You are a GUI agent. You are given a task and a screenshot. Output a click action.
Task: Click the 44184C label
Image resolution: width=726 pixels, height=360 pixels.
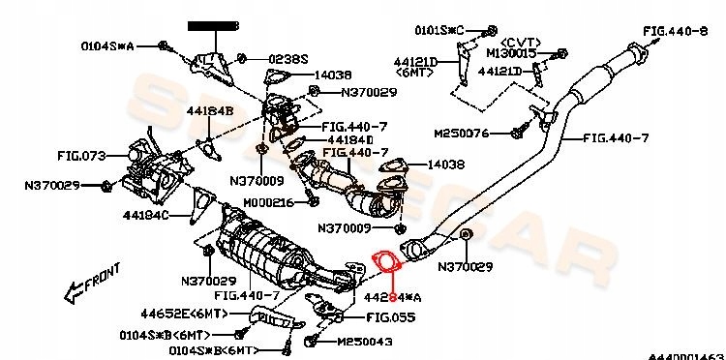[145, 214]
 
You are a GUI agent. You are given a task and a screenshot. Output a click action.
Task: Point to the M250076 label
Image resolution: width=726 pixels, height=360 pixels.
[463, 133]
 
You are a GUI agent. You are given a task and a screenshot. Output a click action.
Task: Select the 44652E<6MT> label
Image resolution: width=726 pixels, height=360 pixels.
[181, 313]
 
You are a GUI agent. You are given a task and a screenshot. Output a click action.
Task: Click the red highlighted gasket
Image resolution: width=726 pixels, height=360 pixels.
[384, 262]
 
